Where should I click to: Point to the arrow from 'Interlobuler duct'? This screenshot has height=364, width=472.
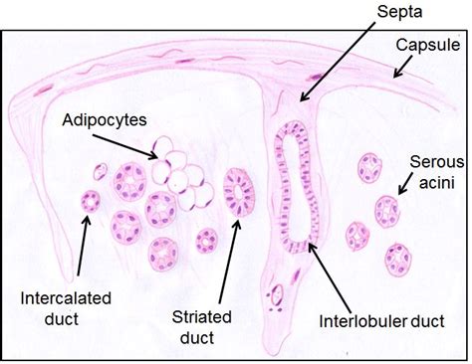(x=332, y=273)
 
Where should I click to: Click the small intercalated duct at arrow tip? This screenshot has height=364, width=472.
(x=92, y=202)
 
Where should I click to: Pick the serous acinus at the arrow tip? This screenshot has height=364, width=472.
(x=387, y=211)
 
